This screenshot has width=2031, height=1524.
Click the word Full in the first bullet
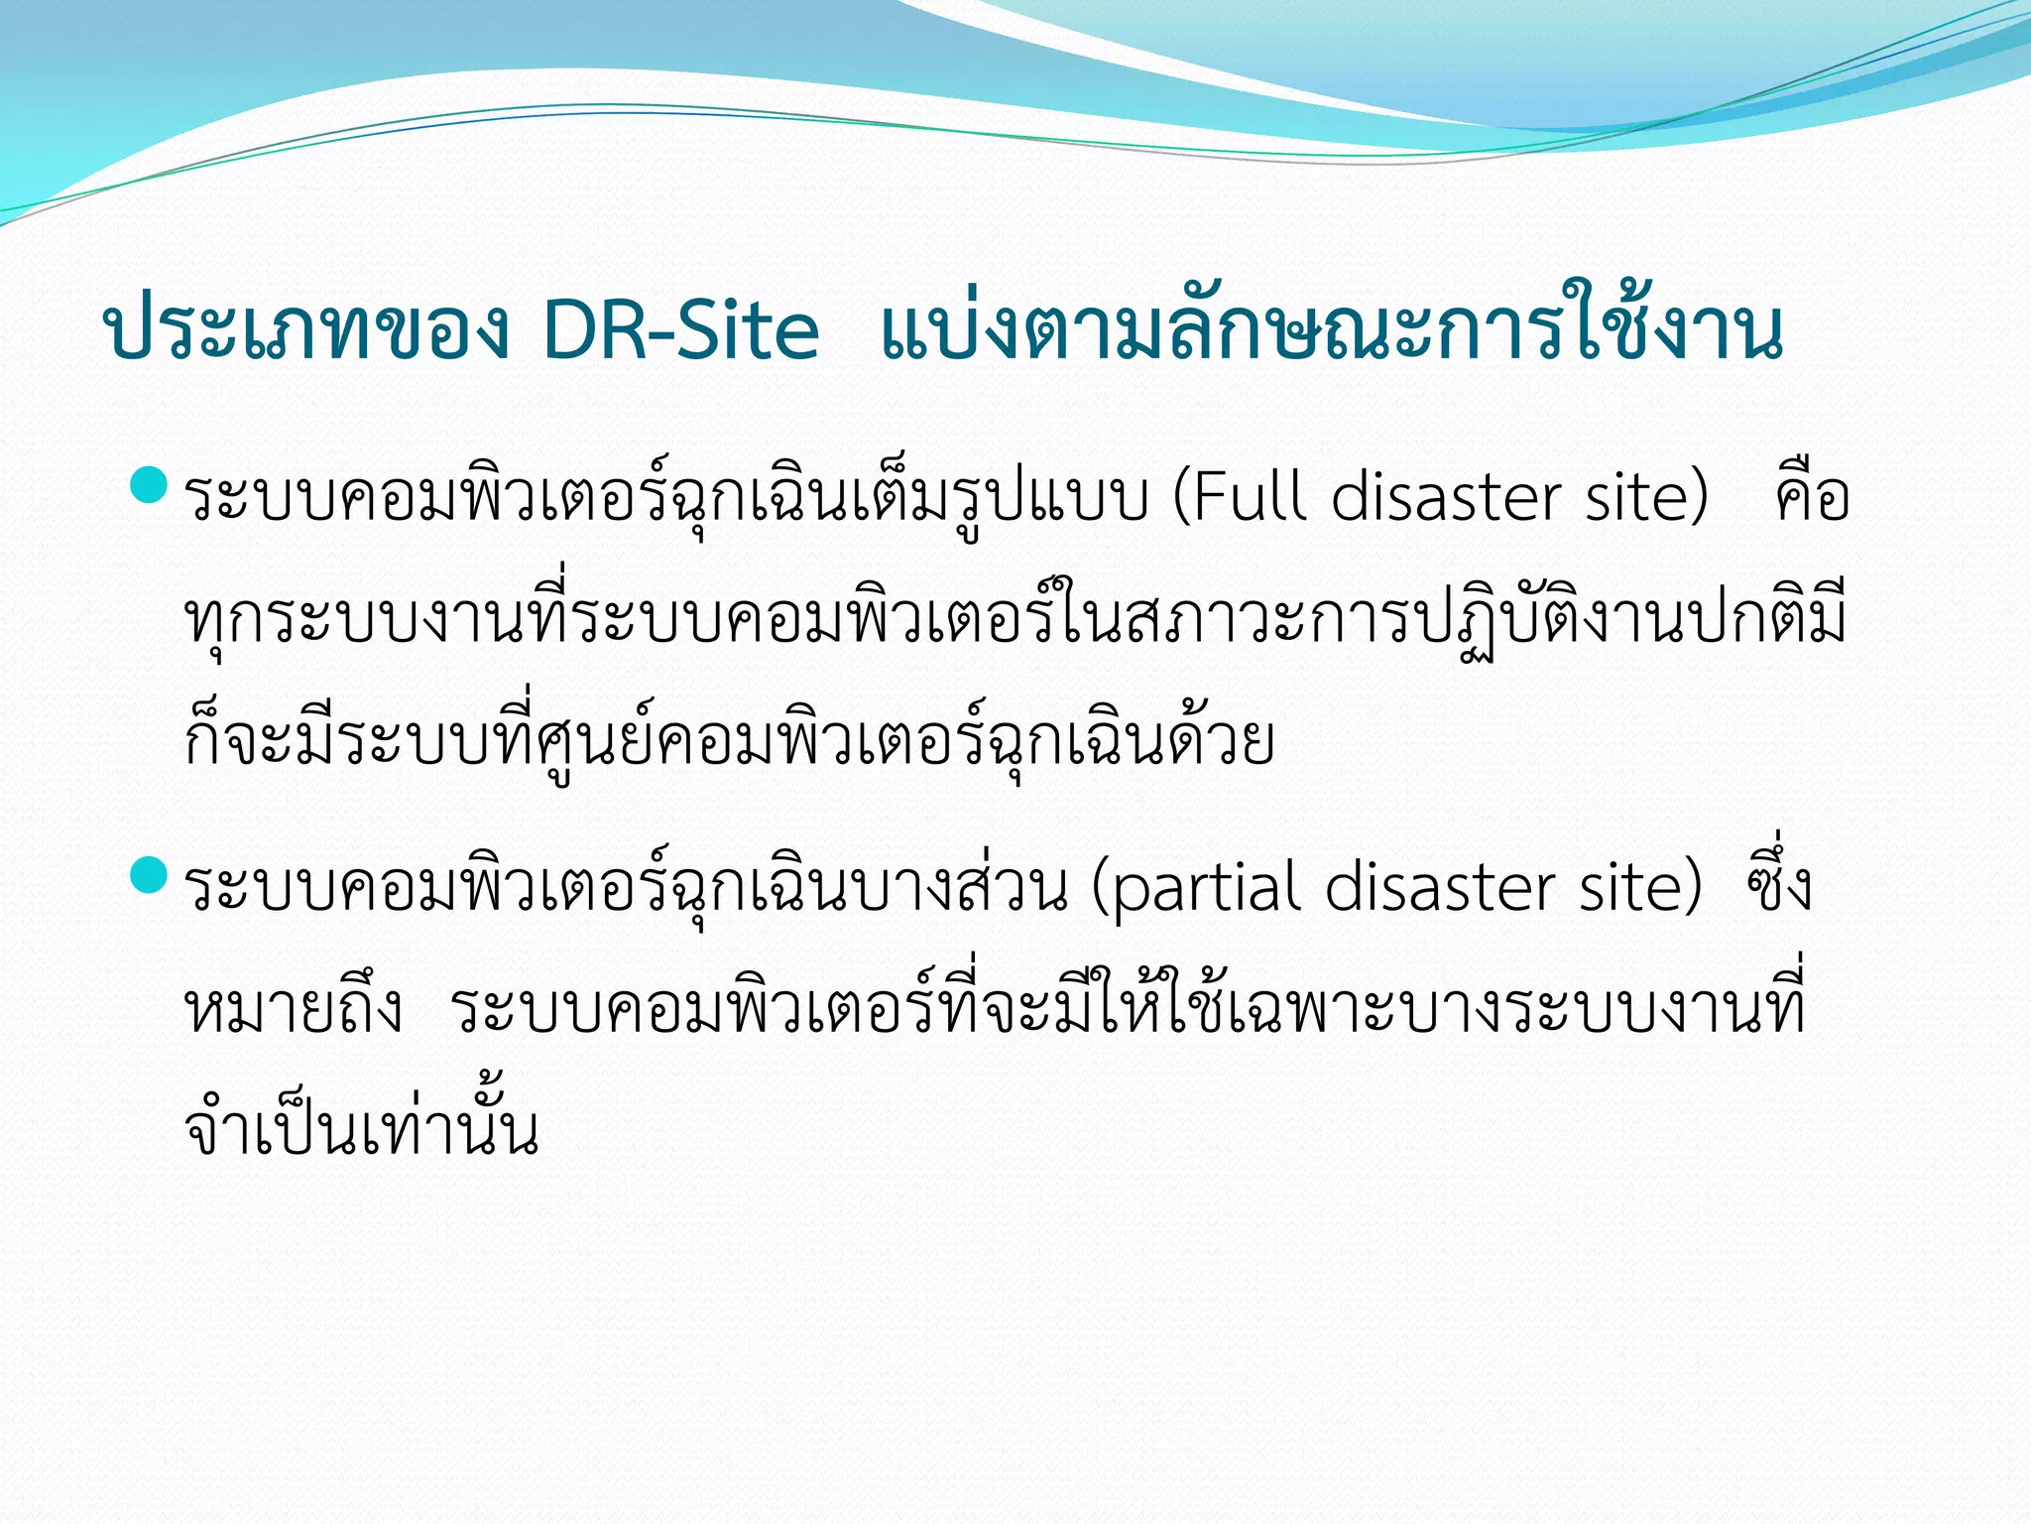click(x=1240, y=496)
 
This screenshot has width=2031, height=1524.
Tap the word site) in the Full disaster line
click(x=1646, y=496)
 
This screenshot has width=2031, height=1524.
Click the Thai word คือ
click(x=1812, y=496)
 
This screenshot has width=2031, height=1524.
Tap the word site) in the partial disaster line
click(x=1640, y=886)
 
